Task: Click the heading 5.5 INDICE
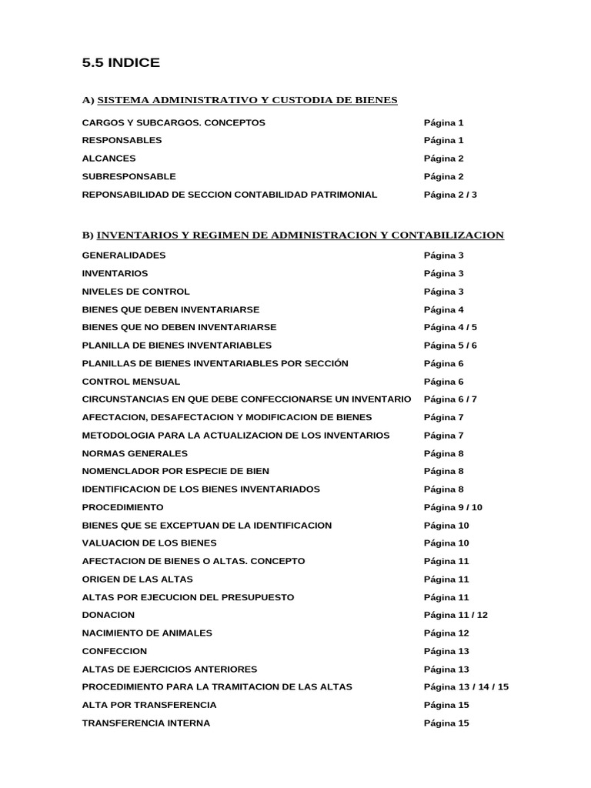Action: coord(121,63)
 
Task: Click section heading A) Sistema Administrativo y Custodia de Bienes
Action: coord(239,100)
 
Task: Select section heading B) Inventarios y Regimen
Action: coord(292,235)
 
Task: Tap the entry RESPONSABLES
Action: coord(122,140)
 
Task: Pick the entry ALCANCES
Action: coord(109,159)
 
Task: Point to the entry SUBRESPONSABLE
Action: coord(129,176)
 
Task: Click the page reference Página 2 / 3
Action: coord(450,195)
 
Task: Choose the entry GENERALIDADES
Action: coord(123,255)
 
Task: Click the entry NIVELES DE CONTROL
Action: coord(135,292)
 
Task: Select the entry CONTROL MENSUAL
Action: coord(131,382)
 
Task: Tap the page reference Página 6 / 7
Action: coord(450,399)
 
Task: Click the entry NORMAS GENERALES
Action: coord(135,453)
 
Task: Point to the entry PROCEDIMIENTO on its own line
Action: coord(122,508)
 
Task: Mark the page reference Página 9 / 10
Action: coord(453,508)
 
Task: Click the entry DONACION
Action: coord(108,615)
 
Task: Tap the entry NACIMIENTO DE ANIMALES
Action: coord(147,633)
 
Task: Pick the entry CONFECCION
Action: coord(114,651)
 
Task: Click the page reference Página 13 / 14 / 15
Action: coord(466,687)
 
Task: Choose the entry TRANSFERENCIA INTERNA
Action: coord(145,723)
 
